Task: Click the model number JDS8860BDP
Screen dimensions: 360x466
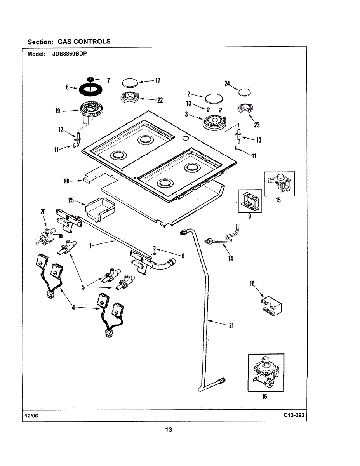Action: tap(70, 54)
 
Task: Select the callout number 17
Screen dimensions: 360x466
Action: tap(158, 81)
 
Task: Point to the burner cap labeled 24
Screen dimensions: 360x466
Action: tap(245, 92)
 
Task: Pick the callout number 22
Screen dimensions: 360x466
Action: tap(160, 100)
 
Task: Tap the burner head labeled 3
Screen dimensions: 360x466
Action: tap(214, 123)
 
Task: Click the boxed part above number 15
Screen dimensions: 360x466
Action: tap(279, 184)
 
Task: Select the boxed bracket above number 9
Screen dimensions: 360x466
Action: tap(250, 201)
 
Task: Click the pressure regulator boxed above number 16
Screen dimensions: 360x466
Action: tap(266, 373)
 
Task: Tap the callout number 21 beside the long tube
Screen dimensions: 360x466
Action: tap(231, 326)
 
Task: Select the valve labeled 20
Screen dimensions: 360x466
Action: tap(49, 237)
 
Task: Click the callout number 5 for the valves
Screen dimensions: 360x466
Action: tap(83, 287)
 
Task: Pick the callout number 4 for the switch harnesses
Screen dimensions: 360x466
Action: tap(73, 308)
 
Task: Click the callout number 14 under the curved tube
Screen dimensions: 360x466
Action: tap(231, 259)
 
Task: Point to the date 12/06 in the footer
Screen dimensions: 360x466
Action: tap(31, 416)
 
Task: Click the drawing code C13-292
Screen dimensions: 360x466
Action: tap(294, 415)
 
